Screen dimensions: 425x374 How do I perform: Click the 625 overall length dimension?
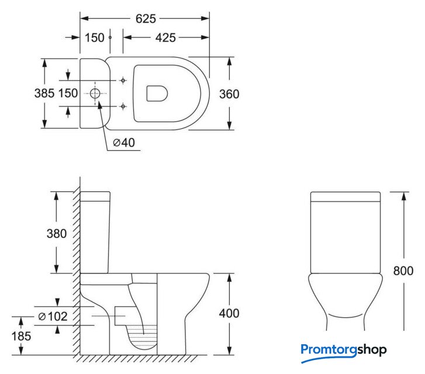point(146,19)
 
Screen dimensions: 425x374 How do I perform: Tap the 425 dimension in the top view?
point(165,37)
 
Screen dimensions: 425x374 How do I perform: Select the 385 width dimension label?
point(44,93)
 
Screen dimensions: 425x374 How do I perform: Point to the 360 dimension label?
point(229,94)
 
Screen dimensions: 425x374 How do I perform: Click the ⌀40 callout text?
point(124,143)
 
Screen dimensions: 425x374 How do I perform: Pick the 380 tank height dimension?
point(56,234)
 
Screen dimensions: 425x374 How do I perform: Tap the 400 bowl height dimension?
point(229,313)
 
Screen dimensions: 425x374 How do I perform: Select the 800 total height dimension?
point(403,271)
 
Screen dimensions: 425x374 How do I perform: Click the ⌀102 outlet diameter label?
point(53,316)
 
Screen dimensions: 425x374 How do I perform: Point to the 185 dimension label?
point(21,337)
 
